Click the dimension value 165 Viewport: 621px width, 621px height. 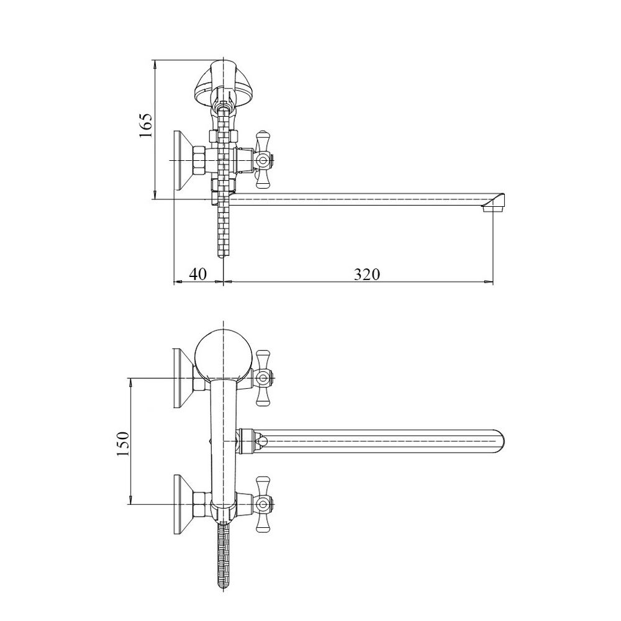point(145,128)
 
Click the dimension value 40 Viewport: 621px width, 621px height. point(199,274)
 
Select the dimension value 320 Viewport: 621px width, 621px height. point(366,274)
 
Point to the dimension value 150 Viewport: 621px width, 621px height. point(122,443)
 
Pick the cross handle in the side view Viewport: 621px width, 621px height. point(263,160)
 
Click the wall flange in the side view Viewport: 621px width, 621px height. point(182,160)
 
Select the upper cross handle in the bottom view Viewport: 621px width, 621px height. point(263,376)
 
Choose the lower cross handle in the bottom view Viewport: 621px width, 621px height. point(263,504)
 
